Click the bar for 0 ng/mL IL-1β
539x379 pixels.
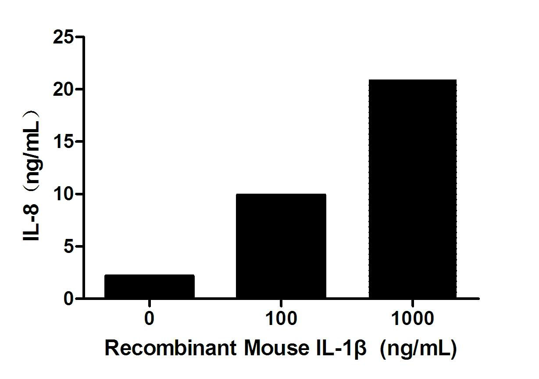(x=150, y=286)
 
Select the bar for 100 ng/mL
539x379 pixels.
(x=281, y=246)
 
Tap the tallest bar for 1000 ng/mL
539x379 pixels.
(x=412, y=189)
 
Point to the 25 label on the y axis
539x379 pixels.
(x=62, y=37)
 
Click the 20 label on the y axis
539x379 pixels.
(x=62, y=90)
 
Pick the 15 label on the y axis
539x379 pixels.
(x=62, y=142)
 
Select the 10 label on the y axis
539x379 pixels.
(x=62, y=194)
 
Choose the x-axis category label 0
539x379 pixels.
(x=150, y=319)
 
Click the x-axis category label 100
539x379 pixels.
(x=281, y=319)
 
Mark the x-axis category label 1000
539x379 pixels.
(x=412, y=319)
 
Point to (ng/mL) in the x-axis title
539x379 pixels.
(x=418, y=350)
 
